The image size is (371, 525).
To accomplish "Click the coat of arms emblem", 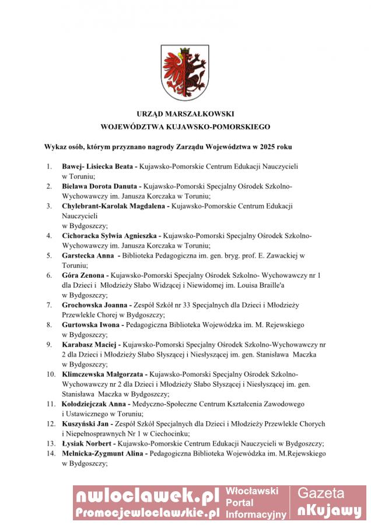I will [185, 73].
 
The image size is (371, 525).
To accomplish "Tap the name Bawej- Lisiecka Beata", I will [97, 166].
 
